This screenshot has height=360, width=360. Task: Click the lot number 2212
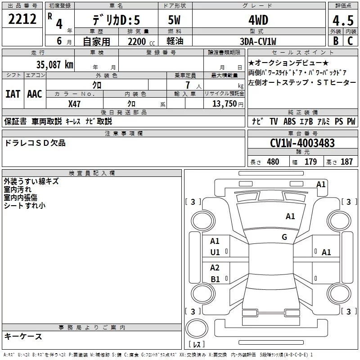pyautogui.click(x=22, y=19)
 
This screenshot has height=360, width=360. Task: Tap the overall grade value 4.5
pyautogui.click(x=343, y=21)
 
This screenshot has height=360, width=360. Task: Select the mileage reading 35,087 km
pyautogui.click(x=55, y=65)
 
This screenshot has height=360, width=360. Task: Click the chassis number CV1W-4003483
pyautogui.click(x=302, y=143)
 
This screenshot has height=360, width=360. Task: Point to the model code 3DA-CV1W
pyautogui.click(x=258, y=41)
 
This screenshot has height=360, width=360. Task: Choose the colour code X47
pyautogui.click(x=74, y=104)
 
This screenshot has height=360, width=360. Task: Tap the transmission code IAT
pyautogui.click(x=13, y=94)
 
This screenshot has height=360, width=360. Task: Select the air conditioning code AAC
pyautogui.click(x=35, y=94)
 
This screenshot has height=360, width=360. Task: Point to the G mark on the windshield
pyautogui.click(x=284, y=237)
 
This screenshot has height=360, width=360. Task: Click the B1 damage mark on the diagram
pyautogui.click(x=215, y=279)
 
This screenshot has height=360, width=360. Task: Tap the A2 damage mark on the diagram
pyautogui.click(x=215, y=267)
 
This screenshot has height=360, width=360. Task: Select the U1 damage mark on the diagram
pyautogui.click(x=215, y=252)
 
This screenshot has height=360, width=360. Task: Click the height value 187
pyautogui.click(x=346, y=162)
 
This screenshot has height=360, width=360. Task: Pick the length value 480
pyautogui.click(x=273, y=162)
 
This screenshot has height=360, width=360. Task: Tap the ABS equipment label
pyautogui.click(x=289, y=121)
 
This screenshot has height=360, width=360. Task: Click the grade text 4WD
pyautogui.click(x=258, y=20)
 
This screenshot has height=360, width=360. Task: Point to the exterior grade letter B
pyautogui.click(x=336, y=41)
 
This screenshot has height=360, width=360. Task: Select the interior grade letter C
pyautogui.click(x=350, y=41)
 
